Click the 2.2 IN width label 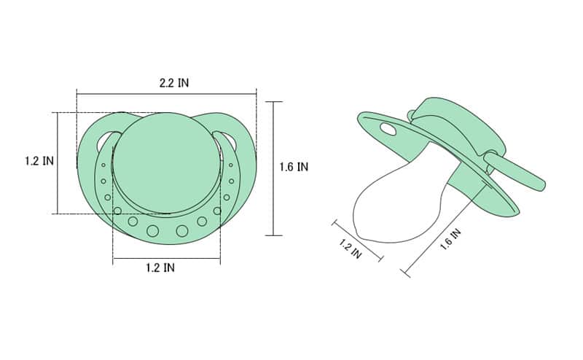pyautogui.click(x=174, y=83)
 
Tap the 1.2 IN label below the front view pyautogui.click(x=160, y=267)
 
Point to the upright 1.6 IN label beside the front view pyautogui.click(x=294, y=167)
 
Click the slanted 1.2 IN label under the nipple pyautogui.click(x=351, y=249)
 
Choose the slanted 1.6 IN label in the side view pyautogui.click(x=450, y=240)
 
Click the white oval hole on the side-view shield pyautogui.click(x=388, y=130)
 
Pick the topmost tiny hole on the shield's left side pyautogui.click(x=103, y=165)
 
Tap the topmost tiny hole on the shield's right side pyautogui.click(x=231, y=165)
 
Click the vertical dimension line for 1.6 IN pyautogui.click(x=273, y=168)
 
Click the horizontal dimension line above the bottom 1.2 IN pyautogui.click(x=166, y=258)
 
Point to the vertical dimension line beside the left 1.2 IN pyautogui.click(x=58, y=163)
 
